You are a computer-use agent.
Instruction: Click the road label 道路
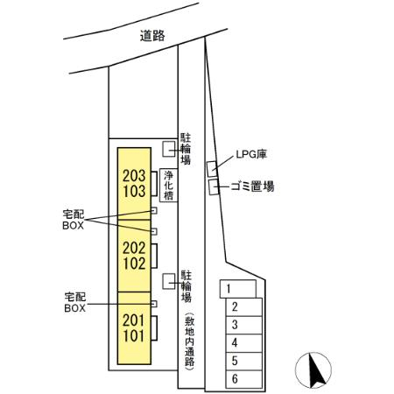pos(152,36)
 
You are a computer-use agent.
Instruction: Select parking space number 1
pos(238,289)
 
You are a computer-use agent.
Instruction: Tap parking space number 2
pos(243,307)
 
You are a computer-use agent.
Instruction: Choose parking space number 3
pos(243,325)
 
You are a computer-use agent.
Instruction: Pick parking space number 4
pos(243,343)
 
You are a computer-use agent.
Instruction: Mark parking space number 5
pos(243,362)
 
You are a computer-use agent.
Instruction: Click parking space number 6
pos(243,379)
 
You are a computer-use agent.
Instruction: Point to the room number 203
pos(134,176)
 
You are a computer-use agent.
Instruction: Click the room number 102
pos(134,264)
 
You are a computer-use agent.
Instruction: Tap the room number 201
pos(134,320)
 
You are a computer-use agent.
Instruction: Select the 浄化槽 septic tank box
pos(168,185)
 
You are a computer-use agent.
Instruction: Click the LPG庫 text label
pos(251,154)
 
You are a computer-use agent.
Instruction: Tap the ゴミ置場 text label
pos(252,186)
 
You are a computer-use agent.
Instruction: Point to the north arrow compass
pos(313,370)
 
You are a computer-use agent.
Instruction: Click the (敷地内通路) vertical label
pos(189,341)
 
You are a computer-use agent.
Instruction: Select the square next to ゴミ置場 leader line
pos(214,187)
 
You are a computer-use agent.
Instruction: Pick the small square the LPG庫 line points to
pos(212,169)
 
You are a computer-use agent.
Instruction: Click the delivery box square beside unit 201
pos(154,304)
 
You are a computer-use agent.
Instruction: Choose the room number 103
pos(134,192)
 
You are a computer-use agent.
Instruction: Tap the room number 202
pos(134,248)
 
